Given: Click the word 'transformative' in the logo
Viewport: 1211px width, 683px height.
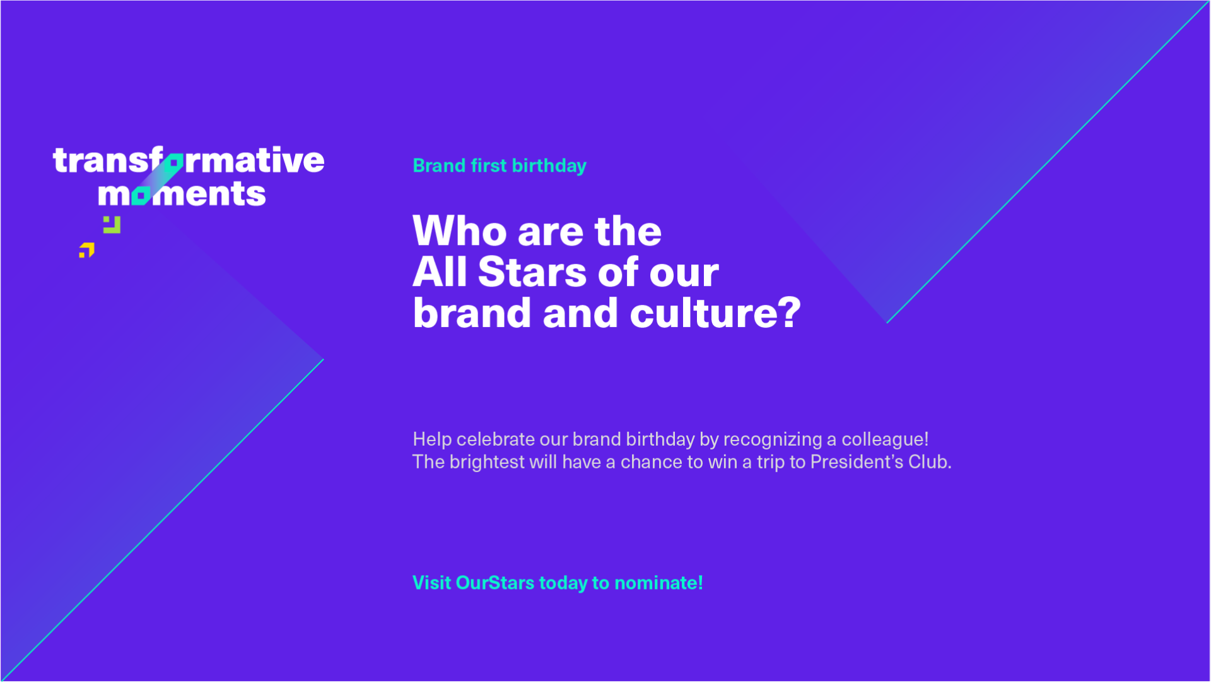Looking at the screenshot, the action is point(189,160).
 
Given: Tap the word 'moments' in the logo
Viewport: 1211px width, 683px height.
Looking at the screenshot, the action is point(182,193).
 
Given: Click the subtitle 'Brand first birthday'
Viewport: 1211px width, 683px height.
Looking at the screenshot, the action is point(500,166).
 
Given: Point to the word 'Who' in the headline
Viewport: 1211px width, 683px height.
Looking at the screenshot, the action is point(460,231).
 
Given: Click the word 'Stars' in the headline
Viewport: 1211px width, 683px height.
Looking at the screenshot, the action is point(532,272).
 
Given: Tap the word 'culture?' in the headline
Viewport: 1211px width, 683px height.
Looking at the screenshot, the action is point(715,313).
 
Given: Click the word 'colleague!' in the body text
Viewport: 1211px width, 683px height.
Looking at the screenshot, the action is point(885,439).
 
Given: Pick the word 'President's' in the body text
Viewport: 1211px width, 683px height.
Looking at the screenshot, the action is point(856,462).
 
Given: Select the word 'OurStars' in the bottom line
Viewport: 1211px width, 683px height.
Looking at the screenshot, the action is point(494,583).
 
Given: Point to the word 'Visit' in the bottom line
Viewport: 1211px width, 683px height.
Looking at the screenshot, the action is point(431,583).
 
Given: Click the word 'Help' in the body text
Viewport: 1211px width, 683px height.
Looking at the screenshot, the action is point(432,439).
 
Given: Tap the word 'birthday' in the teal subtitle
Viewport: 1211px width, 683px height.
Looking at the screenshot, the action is point(549,166).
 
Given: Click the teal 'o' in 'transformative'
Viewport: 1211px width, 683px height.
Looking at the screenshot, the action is point(173,162).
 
